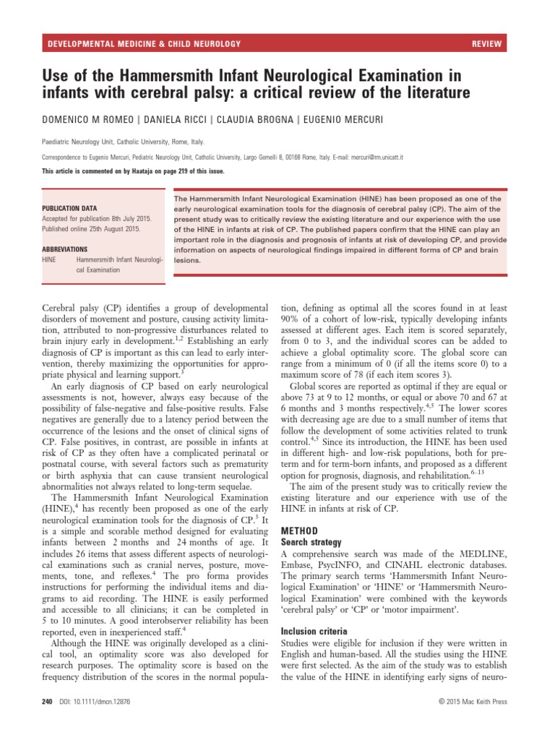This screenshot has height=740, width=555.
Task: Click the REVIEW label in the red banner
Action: pyautogui.click(x=486, y=44)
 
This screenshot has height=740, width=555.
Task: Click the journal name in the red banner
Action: pyautogui.click(x=144, y=44)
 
